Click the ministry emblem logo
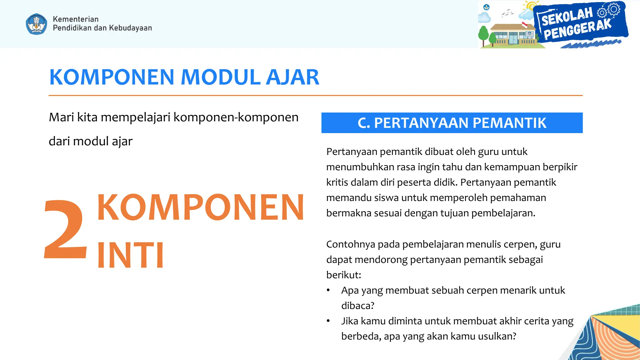(37, 24)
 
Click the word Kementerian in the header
(76, 19)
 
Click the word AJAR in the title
(292, 77)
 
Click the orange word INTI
(130, 255)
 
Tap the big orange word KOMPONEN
(201, 207)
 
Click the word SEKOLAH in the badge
(567, 17)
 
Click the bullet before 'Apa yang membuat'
(328, 290)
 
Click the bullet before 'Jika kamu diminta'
(328, 321)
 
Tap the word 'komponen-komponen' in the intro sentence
(236, 117)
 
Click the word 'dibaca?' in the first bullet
(357, 306)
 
